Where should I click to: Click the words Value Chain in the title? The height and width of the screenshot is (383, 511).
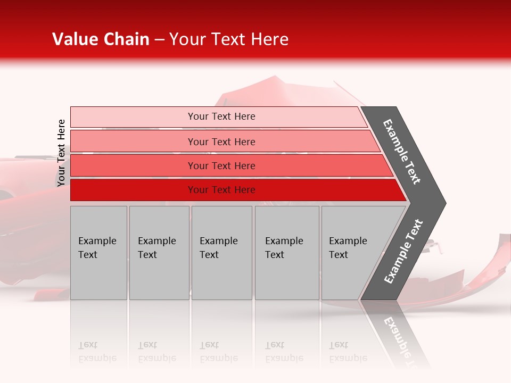tap(101, 39)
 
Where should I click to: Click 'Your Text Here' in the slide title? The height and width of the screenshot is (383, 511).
tap(229, 39)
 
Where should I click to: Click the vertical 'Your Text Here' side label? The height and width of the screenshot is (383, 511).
tap(61, 153)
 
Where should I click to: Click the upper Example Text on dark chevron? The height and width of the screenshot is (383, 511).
tap(402, 152)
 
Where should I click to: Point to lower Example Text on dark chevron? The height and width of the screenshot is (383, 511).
tap(403, 251)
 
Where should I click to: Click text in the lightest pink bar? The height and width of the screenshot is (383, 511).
tap(221, 116)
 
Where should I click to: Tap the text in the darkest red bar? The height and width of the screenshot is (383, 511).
tap(221, 190)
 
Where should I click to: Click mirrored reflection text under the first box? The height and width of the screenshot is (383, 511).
tap(97, 352)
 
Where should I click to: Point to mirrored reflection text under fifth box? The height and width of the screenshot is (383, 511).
tap(348, 352)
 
